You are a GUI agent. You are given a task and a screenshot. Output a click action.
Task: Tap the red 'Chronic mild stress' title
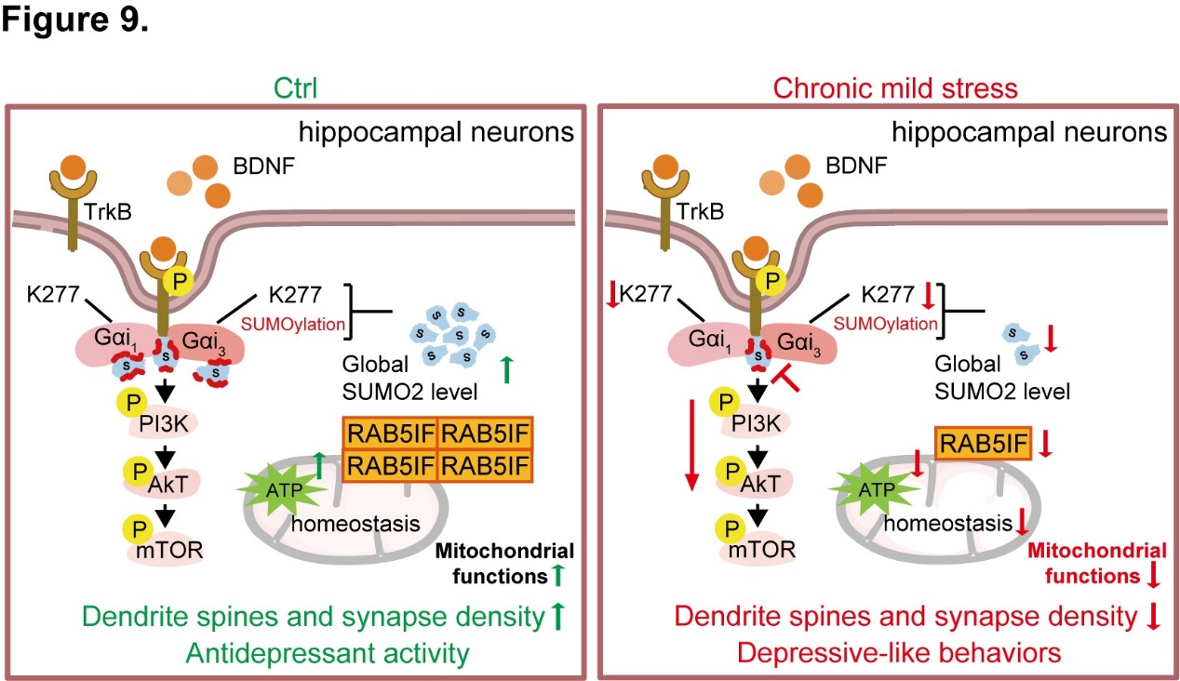point(882,88)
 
